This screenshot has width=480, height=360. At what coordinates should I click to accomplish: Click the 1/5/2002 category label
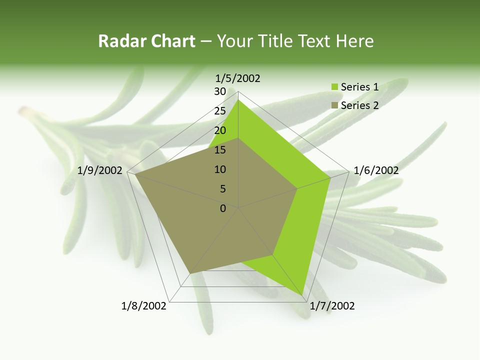point(238,78)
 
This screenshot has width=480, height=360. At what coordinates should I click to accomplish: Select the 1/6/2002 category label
point(376,170)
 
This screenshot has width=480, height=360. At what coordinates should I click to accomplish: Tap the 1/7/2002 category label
point(332,306)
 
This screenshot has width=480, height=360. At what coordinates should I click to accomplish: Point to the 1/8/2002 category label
point(144,306)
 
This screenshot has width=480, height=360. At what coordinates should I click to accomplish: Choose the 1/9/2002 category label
point(100,170)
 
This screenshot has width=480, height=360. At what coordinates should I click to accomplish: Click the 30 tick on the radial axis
point(220,91)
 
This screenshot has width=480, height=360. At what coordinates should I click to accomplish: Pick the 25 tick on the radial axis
point(220,111)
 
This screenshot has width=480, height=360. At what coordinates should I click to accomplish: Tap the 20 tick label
point(220,130)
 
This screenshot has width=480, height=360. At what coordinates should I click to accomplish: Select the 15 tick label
point(220,150)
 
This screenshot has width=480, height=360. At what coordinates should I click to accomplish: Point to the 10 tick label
point(220,169)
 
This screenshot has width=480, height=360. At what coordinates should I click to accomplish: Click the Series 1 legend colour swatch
point(334,87)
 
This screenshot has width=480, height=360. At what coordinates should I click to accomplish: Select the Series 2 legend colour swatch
point(334,105)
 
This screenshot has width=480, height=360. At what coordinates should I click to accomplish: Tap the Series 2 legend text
point(359,105)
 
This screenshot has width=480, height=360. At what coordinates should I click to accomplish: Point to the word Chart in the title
point(172,41)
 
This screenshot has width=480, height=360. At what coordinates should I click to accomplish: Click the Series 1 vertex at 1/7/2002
point(303,295)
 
